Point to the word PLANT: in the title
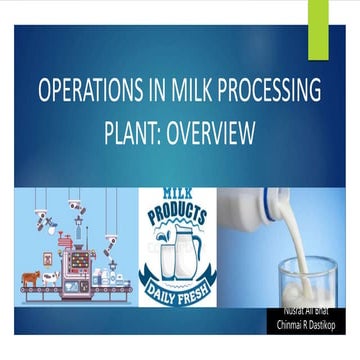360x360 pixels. [x=131, y=133]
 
